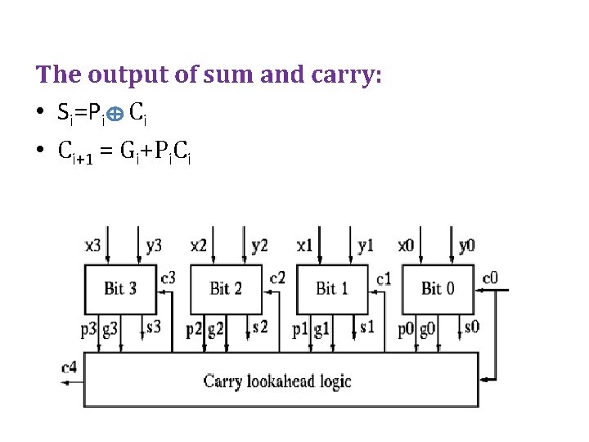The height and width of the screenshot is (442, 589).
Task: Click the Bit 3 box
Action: [119, 288]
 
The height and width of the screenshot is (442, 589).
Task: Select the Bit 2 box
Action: [226, 288]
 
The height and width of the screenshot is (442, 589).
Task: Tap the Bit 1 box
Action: [331, 288]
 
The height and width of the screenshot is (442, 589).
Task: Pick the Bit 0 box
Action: [437, 288]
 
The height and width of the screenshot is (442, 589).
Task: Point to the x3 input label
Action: [94, 245]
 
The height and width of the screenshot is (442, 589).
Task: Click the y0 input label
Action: [466, 245]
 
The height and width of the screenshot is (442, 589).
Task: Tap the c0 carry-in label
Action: [490, 277]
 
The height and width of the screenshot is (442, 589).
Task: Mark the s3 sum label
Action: [153, 327]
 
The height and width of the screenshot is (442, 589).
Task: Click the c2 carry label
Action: [277, 277]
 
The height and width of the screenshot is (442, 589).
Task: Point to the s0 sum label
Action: [471, 327]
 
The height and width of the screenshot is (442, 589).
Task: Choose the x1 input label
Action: [304, 245]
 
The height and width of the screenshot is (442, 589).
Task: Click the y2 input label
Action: [259, 245]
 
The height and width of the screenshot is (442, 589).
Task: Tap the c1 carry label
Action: [384, 277]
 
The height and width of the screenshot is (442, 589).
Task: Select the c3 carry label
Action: [168, 277]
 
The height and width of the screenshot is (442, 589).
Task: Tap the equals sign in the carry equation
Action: [106, 151]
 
